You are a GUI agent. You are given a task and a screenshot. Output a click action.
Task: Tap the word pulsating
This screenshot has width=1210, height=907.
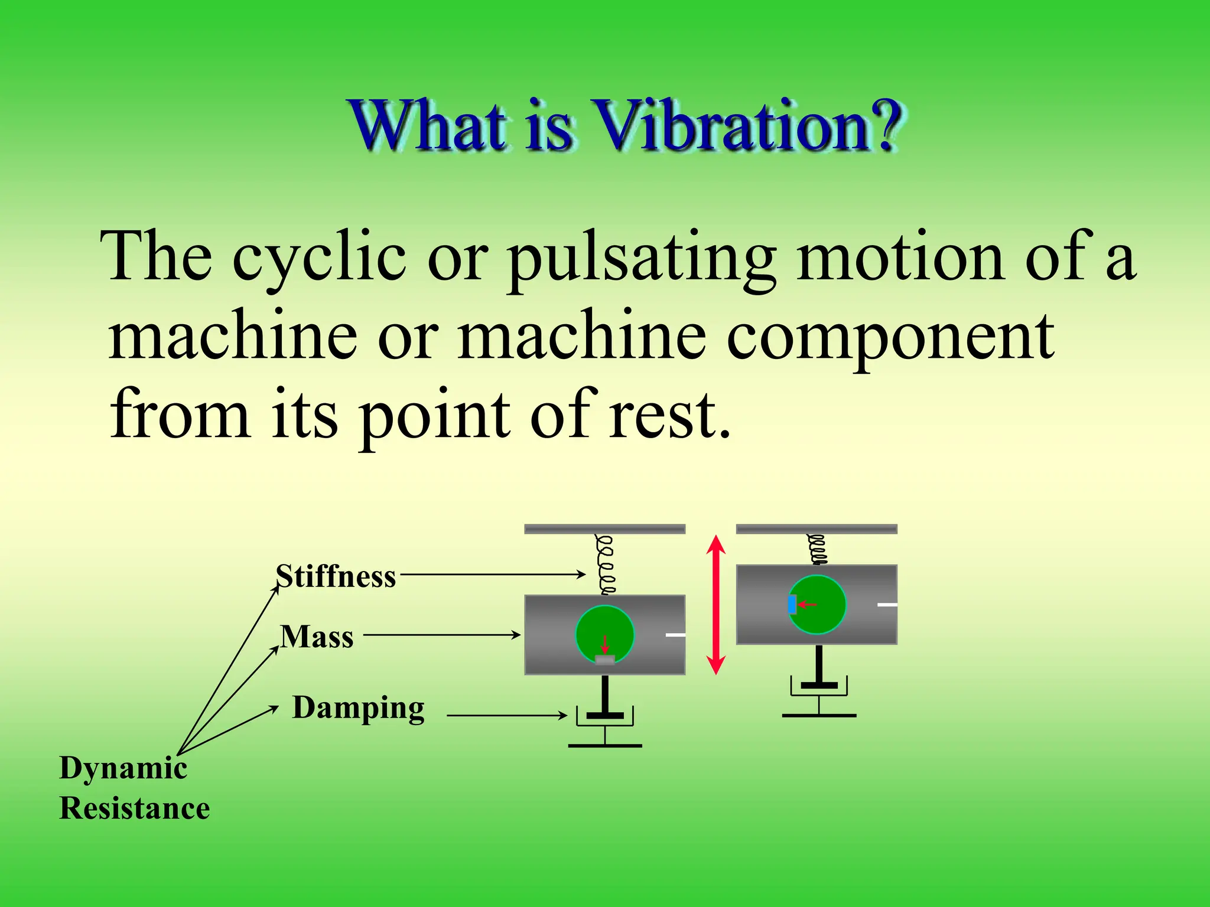(641, 258)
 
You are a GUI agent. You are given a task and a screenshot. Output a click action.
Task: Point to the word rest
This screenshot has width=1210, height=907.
(669, 415)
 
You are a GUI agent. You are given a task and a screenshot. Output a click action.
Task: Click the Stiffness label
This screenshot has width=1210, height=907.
(336, 576)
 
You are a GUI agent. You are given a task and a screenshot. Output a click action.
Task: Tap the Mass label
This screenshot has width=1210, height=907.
(317, 637)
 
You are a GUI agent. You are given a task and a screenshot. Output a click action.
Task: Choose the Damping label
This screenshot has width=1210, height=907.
(359, 708)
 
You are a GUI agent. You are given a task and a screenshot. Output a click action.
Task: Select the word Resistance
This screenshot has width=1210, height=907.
(135, 808)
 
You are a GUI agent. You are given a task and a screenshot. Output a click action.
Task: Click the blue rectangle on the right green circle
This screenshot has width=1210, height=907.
(792, 605)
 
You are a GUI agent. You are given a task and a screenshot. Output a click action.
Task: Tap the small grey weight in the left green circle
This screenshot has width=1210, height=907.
(604, 660)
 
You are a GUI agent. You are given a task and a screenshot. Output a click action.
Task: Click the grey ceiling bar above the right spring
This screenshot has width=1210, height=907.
(817, 529)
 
